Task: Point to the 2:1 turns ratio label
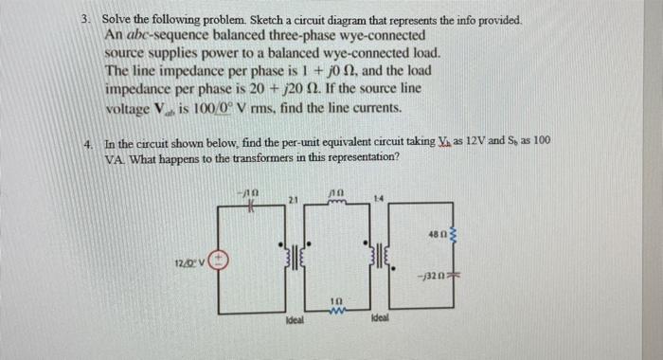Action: pos(295,201)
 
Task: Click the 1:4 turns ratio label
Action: pos(377,200)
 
